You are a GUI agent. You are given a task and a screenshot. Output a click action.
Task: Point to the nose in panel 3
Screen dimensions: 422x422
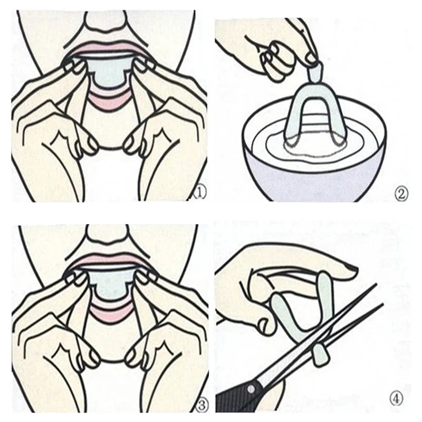tap(106, 233)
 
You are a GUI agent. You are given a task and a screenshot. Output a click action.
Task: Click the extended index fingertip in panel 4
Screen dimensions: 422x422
tap(348, 269)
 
